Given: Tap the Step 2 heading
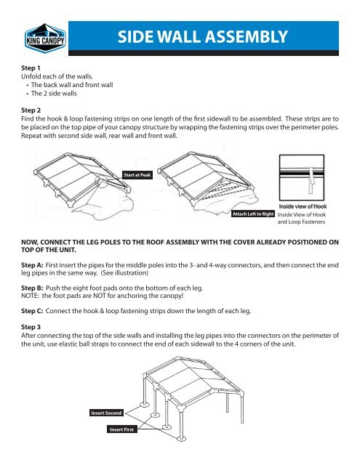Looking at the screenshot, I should (x=28, y=112).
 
